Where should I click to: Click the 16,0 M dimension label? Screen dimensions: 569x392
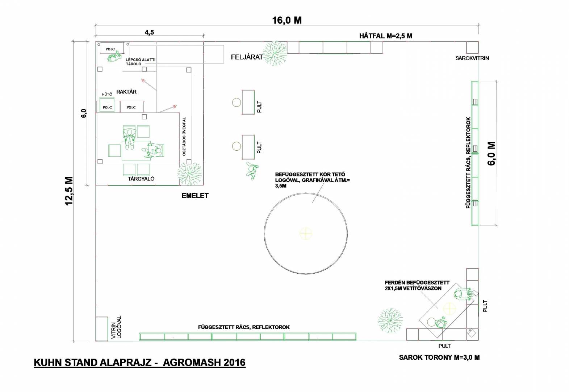[287, 20]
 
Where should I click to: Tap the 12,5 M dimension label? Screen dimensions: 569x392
[69, 191]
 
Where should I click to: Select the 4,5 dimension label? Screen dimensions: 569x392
[149, 32]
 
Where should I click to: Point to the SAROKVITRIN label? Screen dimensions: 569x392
[472, 58]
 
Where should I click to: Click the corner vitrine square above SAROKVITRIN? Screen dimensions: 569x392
[472, 47]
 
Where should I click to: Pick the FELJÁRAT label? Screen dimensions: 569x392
[247, 57]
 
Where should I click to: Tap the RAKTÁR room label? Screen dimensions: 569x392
[126, 91]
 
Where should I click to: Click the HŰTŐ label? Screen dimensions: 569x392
[107, 94]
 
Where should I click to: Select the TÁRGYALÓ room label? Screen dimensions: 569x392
[141, 179]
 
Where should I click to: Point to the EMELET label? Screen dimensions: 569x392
[195, 196]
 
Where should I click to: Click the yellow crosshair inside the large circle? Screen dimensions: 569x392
[306, 233]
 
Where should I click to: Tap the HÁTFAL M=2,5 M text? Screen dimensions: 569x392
[386, 36]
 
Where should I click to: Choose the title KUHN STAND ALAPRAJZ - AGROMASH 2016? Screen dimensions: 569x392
[140, 363]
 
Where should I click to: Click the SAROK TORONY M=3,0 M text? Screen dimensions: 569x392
[439, 358]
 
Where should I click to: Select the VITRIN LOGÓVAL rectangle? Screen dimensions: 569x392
[102, 329]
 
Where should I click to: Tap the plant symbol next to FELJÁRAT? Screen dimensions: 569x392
[275, 53]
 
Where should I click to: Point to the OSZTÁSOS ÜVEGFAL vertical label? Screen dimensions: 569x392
[184, 136]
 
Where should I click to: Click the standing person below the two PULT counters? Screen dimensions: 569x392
[252, 171]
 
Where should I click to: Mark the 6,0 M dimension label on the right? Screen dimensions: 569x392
[492, 154]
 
